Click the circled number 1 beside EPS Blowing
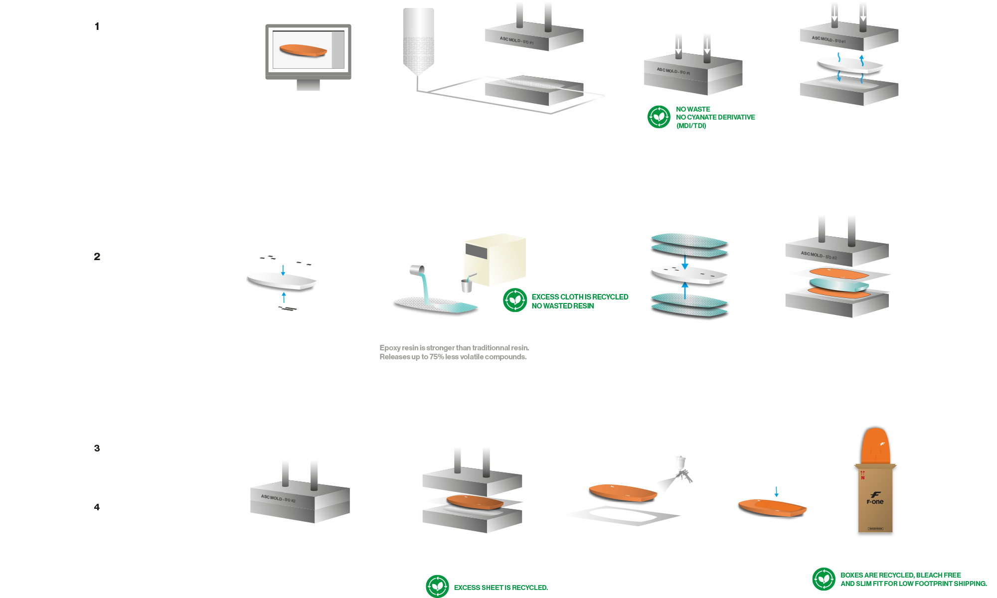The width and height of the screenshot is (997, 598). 97,27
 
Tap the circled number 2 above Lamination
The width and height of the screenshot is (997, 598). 97,257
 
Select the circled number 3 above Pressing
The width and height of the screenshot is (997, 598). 97,448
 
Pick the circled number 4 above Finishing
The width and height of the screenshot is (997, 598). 97,508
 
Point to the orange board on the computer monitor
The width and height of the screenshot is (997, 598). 303,50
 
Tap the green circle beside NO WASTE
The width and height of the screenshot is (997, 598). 659,117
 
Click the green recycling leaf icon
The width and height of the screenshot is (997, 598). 515,300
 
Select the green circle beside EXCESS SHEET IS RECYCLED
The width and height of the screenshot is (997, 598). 437,587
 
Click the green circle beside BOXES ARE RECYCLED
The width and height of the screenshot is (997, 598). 824,579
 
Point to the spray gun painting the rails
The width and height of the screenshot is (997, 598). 682,468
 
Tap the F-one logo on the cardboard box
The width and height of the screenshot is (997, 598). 875,498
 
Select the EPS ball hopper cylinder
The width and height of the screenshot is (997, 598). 418,40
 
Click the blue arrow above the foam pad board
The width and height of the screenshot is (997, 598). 776,492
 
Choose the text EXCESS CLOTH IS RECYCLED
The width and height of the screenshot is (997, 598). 580,297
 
